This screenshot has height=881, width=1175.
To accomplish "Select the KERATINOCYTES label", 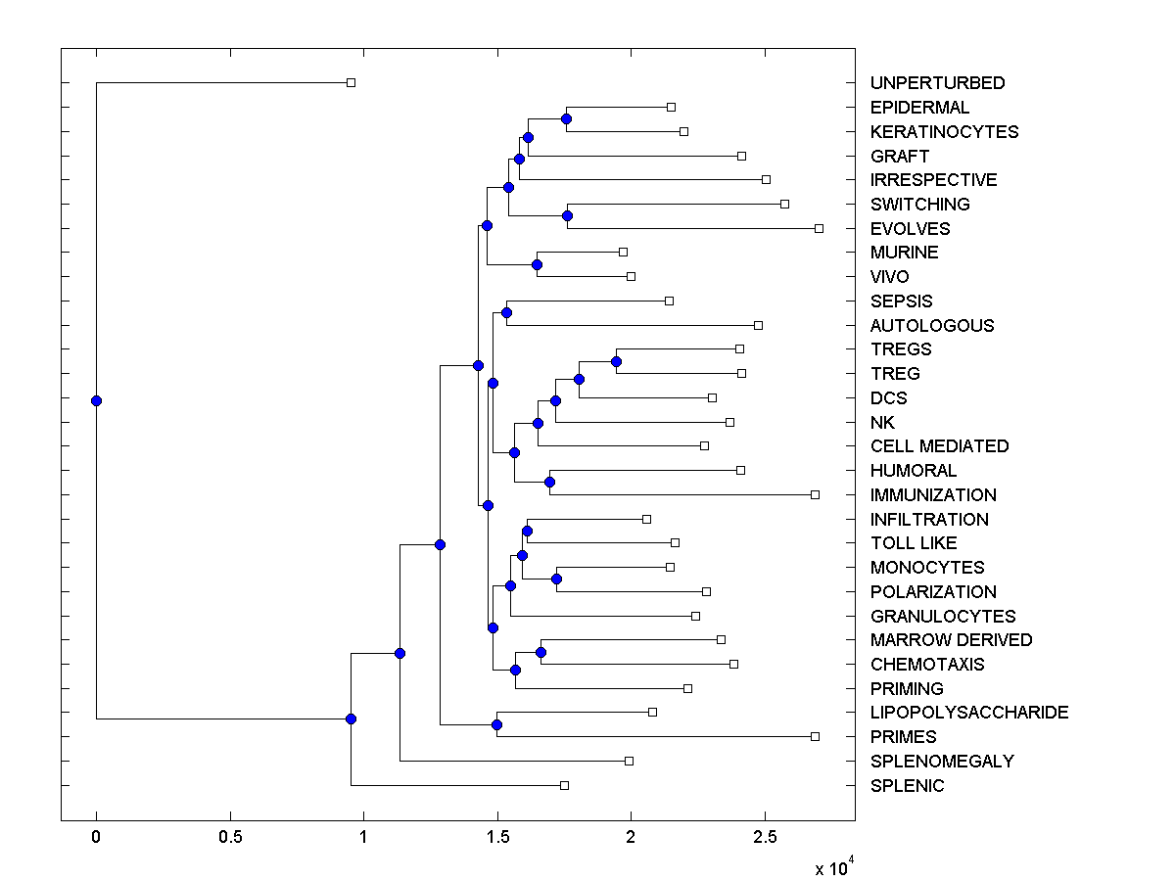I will [x=944, y=132].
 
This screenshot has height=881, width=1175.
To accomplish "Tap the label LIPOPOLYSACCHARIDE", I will [x=968, y=713].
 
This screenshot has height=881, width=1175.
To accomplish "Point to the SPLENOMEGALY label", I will [x=942, y=762].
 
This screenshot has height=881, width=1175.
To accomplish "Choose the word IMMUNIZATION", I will [x=933, y=495].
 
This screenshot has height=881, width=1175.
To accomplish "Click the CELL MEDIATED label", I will [x=939, y=446].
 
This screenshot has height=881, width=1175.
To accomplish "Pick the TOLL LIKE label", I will [x=914, y=543].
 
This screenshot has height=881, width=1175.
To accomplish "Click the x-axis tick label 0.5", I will [x=230, y=838].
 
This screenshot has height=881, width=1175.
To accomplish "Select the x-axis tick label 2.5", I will [x=765, y=838].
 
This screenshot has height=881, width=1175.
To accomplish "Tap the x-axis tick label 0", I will [x=96, y=838].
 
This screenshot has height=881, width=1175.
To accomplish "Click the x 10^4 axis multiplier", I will [x=834, y=867].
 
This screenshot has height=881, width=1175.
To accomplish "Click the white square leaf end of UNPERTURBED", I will [x=352, y=83].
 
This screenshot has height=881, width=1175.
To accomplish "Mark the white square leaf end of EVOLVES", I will [x=819, y=228].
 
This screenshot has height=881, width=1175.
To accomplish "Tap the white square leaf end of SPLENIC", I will [x=564, y=785].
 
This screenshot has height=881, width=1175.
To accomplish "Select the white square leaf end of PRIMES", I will [x=815, y=736].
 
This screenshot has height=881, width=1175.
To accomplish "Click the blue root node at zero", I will [x=96, y=400].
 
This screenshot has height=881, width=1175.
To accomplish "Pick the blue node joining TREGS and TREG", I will [x=616, y=362].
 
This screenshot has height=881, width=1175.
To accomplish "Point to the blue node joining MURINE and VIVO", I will [x=537, y=264].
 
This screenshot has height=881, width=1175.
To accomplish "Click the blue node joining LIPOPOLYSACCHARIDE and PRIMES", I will [x=496, y=724].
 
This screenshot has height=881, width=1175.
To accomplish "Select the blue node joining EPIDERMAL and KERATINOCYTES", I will [x=566, y=118].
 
